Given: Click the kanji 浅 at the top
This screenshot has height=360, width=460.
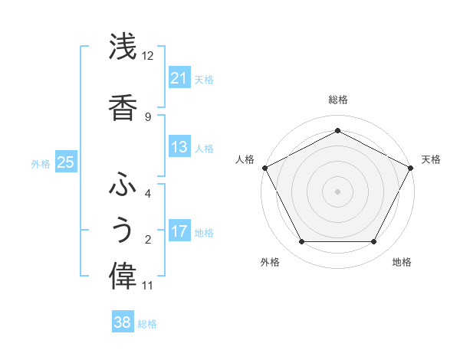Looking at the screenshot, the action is tap(123, 47).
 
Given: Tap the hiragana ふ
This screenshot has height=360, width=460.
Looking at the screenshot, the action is tap(123, 185).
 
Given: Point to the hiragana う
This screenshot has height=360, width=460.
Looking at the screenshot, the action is tap(123, 231).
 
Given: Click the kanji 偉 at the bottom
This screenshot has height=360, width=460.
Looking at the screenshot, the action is tap(123, 277).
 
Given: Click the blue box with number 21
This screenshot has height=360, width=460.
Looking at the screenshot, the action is tap(179, 78).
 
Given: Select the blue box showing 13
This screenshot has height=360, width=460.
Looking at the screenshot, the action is tap(179, 148).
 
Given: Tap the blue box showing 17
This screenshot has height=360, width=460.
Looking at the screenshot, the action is tap(179, 231).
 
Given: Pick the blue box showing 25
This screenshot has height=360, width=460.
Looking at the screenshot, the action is tap(65, 162).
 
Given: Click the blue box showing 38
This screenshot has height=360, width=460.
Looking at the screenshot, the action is tap(123, 322).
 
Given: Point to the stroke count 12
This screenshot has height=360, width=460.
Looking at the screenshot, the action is tap(148, 56).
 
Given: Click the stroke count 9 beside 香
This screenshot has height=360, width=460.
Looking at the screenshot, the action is tap(148, 116).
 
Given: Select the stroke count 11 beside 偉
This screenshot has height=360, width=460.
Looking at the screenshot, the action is tap(148, 286).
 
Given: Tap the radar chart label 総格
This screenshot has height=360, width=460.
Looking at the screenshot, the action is tap(337, 100).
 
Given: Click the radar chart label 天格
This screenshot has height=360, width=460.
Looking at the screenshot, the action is tap(431, 159).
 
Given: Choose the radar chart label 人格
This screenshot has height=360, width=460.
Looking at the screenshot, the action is tap(245, 159).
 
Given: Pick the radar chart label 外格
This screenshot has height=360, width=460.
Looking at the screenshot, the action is tap(270, 263).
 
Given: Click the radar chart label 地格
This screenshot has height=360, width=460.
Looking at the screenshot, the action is tap(402, 263).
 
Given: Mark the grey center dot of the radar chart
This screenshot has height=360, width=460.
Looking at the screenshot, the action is tap(337, 191).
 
